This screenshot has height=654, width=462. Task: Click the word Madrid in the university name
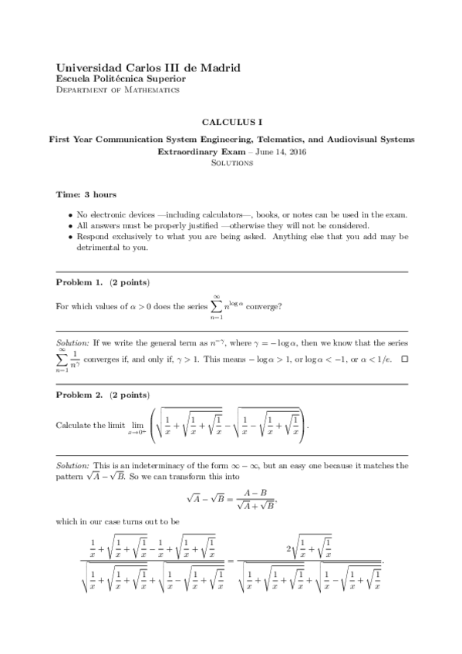click(221, 68)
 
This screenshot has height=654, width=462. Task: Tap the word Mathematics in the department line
click(152, 89)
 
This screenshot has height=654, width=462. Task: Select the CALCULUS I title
click(232, 122)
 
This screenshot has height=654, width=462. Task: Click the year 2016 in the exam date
click(293, 152)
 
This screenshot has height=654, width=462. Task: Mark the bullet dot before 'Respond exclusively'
click(70, 237)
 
